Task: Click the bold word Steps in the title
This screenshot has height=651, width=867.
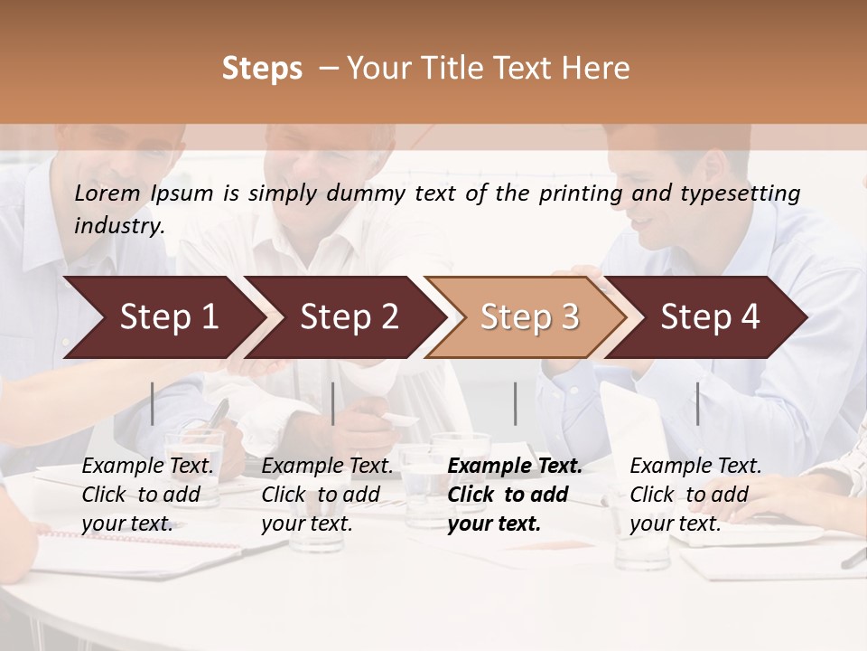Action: point(262,69)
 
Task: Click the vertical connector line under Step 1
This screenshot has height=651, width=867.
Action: point(153,403)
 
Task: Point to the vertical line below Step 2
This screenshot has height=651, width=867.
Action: point(333,403)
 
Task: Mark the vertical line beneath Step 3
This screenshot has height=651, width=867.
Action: point(515,403)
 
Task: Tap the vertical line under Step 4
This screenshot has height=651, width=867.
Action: point(697,403)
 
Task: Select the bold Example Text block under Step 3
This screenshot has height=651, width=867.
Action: point(514,495)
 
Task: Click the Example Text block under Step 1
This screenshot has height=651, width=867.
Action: point(147,495)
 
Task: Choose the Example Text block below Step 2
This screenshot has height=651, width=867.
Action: point(327,495)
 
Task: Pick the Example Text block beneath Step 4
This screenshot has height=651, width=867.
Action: point(695,495)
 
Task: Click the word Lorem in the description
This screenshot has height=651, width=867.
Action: point(107,193)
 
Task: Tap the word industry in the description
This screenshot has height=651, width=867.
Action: point(118,225)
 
